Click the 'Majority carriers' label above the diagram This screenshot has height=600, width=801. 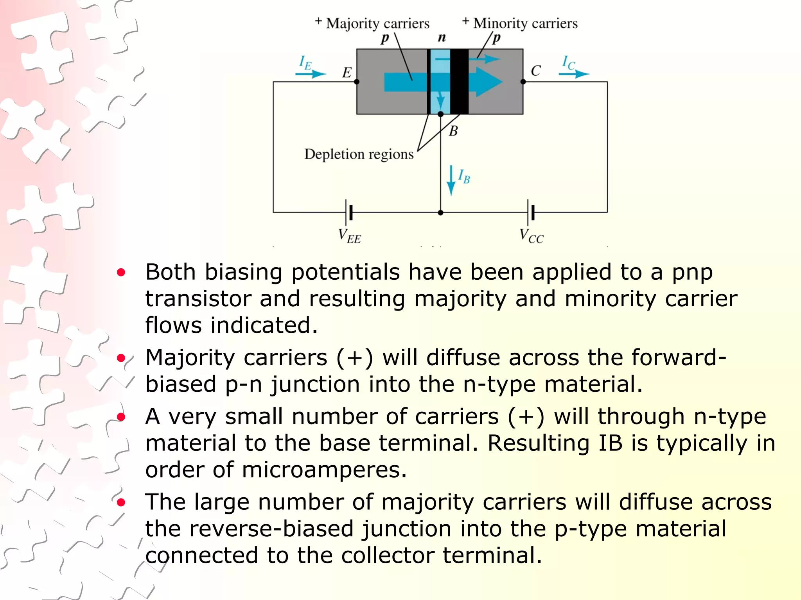pyautogui.click(x=377, y=23)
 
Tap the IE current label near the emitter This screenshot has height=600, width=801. pyautogui.click(x=305, y=63)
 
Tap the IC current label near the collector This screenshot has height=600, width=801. pyautogui.click(x=569, y=63)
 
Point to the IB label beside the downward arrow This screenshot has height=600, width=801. pyautogui.click(x=464, y=177)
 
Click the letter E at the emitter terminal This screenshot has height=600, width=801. pyautogui.click(x=347, y=73)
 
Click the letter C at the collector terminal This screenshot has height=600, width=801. pyautogui.click(x=535, y=71)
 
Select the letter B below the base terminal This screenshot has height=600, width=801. pyautogui.click(x=453, y=131)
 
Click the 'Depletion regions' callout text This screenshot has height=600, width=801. pyautogui.click(x=359, y=154)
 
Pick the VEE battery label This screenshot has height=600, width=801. pyautogui.click(x=349, y=236)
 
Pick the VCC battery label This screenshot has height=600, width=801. pyautogui.click(x=531, y=236)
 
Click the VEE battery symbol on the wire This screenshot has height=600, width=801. pyautogui.click(x=349, y=212)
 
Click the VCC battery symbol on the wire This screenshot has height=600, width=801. pyautogui.click(x=531, y=212)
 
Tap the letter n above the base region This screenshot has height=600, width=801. pyautogui.click(x=442, y=37)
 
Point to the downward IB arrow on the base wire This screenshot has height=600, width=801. pyautogui.click(x=451, y=180)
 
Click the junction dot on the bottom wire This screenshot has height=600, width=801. pyautogui.click(x=441, y=213)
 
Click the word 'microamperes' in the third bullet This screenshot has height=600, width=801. pyautogui.click(x=324, y=470)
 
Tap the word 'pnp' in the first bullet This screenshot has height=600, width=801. pyautogui.click(x=692, y=272)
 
